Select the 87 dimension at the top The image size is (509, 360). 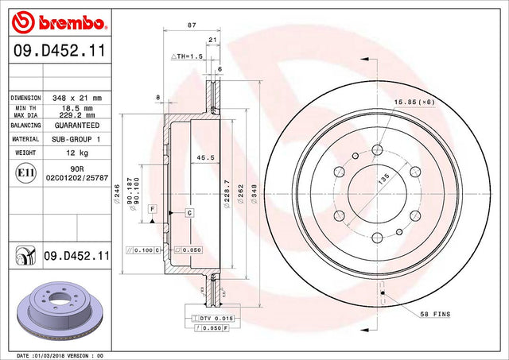191,25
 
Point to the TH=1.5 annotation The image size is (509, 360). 188,58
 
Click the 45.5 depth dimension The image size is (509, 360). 203,157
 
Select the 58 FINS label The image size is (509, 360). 434,315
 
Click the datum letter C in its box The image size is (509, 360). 190,213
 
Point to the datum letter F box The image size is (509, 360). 150,208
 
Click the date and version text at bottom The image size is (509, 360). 60,355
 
